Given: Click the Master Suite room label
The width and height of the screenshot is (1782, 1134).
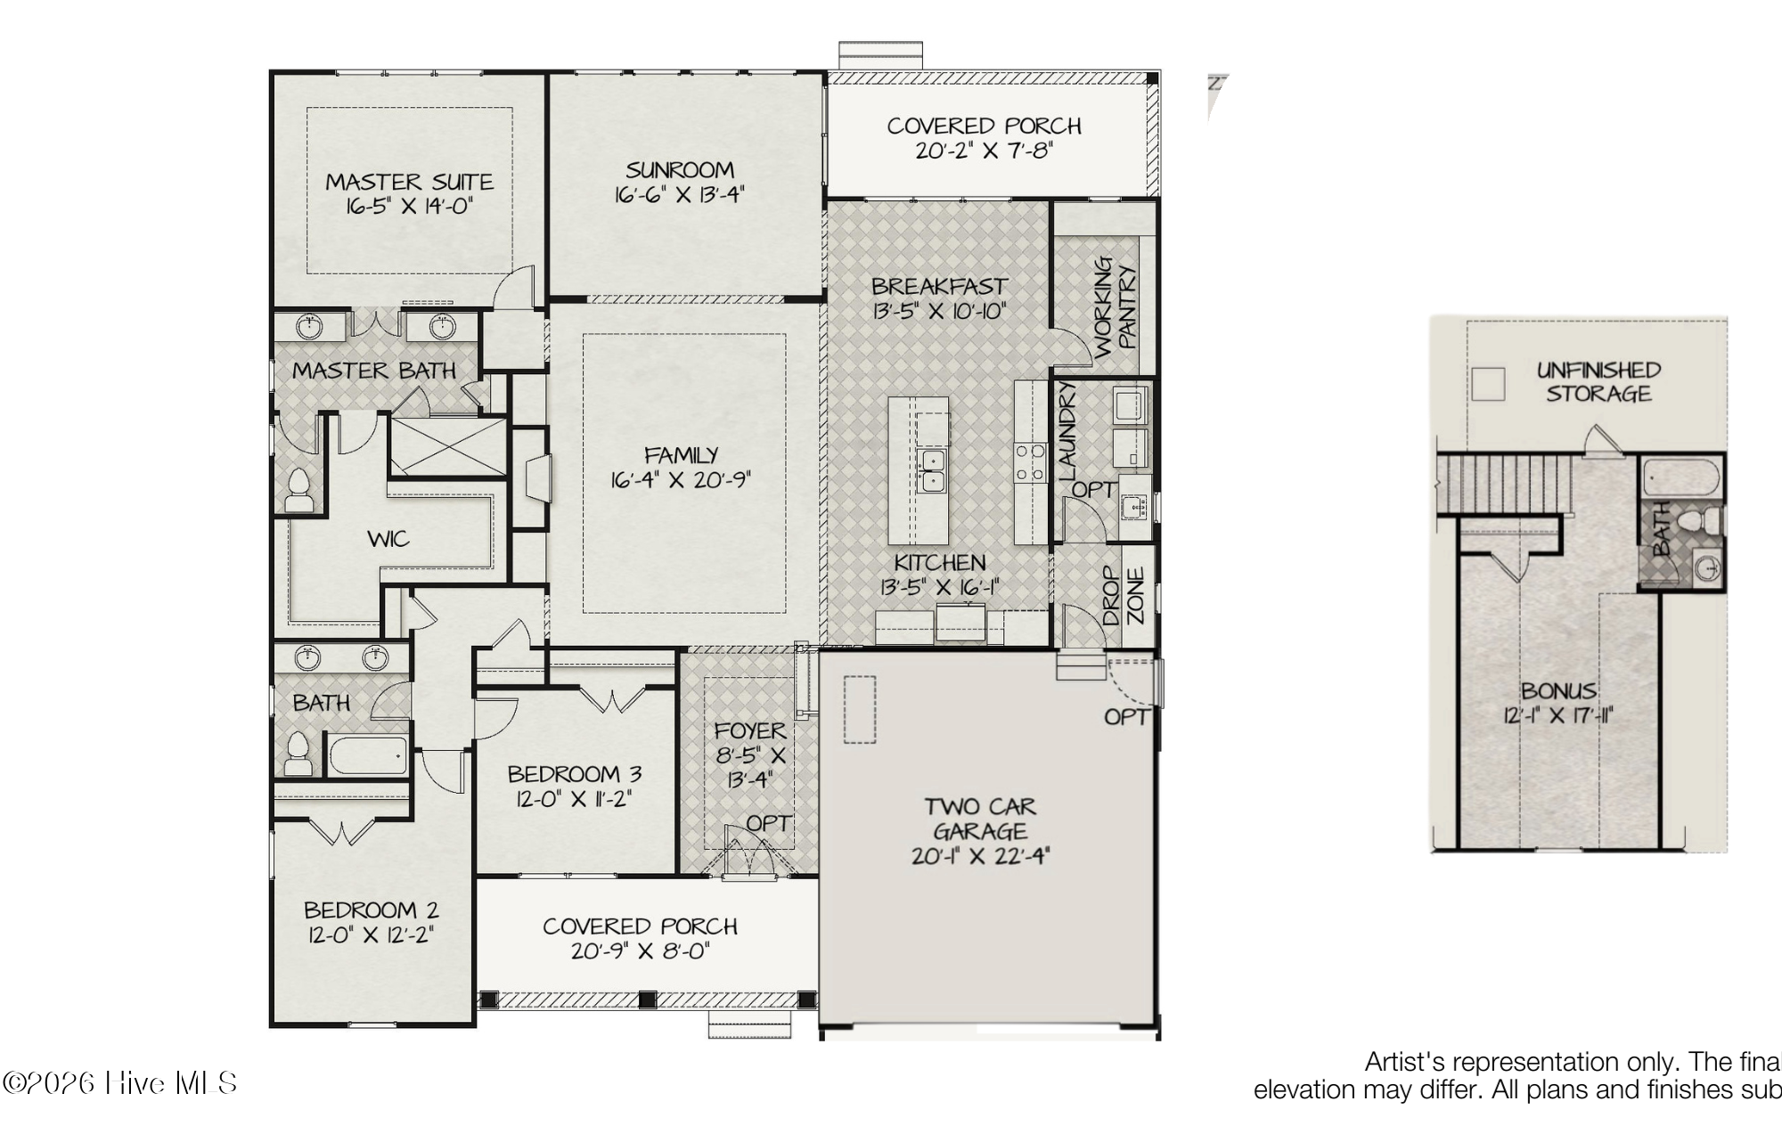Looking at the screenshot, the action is click(409, 182).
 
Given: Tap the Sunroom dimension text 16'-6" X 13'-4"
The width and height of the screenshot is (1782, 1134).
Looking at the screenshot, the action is click(679, 194).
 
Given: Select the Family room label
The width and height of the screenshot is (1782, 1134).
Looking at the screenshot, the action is click(681, 455).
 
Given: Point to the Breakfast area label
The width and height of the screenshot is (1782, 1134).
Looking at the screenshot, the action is click(939, 287).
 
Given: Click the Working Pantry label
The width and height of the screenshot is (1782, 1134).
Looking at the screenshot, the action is click(1116, 306).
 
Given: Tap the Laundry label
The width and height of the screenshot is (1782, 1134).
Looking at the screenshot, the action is click(1067, 431).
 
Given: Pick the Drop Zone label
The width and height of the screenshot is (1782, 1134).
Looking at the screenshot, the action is click(1123, 596).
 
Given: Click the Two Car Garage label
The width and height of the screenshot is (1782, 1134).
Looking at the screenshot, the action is click(980, 819).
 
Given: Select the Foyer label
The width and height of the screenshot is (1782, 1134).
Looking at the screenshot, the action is click(750, 731).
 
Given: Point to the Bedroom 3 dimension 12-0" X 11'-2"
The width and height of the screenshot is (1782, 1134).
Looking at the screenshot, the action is click(574, 799).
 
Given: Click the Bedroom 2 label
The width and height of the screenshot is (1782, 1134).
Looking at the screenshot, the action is click(371, 910).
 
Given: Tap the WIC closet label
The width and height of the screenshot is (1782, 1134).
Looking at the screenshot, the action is click(388, 539).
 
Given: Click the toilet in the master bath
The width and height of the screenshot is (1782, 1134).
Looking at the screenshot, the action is click(298, 490).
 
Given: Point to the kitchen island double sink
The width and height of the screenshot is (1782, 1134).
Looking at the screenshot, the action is click(932, 471).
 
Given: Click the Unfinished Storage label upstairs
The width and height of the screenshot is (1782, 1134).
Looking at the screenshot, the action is click(1598, 382).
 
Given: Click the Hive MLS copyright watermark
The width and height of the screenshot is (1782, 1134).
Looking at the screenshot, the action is click(120, 1083).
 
